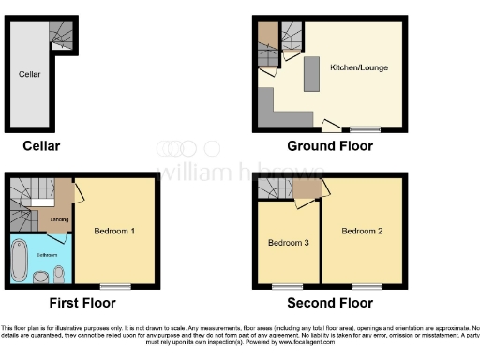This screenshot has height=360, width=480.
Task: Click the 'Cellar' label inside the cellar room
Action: coord(28,72)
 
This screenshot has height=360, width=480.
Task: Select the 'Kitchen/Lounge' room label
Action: coord(359,67)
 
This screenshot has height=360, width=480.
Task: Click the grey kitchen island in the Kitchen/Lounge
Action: coord(311,75)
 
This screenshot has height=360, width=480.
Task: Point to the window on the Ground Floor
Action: coord(366,128)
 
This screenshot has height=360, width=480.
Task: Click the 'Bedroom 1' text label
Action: coord(114,230)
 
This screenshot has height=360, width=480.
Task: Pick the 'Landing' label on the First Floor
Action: coord(58,221)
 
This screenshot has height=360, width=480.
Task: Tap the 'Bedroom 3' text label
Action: coord(289,243)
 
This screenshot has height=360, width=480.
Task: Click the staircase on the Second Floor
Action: coord(277,191)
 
